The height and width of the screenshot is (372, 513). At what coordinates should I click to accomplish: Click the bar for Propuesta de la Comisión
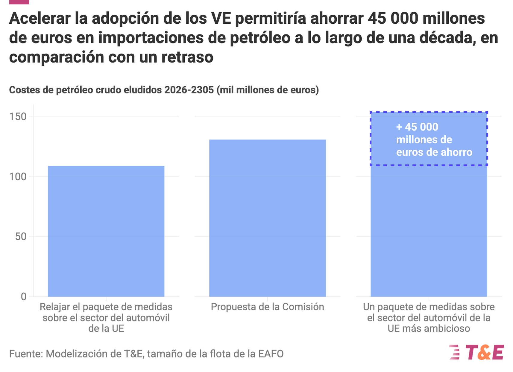pyautogui.click(x=267, y=218)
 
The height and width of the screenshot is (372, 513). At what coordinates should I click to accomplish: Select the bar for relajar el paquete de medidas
pyautogui.click(x=106, y=231)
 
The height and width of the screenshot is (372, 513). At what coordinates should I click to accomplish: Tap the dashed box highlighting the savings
pyautogui.click(x=429, y=112)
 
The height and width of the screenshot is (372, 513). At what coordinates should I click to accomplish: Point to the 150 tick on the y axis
pyautogui.click(x=18, y=117)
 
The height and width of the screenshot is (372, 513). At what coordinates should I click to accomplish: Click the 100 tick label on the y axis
pyautogui.click(x=18, y=177)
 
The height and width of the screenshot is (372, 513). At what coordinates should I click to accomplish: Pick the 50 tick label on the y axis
pyautogui.click(x=21, y=237)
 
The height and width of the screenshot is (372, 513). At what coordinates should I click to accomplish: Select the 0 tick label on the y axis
pyautogui.click(x=24, y=297)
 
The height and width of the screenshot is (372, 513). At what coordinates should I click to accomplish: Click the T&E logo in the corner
pyautogui.click(x=476, y=352)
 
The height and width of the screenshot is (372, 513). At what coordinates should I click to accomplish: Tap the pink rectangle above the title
pyautogui.click(x=19, y=2)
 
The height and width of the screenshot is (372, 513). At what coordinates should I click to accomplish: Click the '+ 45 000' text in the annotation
pyautogui.click(x=417, y=127)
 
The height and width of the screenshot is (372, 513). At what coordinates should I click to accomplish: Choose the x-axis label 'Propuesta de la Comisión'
pyautogui.click(x=268, y=307)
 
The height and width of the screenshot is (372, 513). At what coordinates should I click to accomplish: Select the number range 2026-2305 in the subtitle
pyautogui.click(x=189, y=90)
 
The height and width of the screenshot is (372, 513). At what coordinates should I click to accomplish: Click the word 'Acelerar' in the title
pyautogui.click(x=40, y=18)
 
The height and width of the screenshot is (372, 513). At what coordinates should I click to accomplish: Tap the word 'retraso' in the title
pyautogui.click(x=187, y=57)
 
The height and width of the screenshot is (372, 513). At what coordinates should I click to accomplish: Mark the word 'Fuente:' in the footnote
pyautogui.click(x=26, y=354)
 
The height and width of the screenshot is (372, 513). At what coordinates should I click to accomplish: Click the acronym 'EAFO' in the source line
pyautogui.click(x=271, y=354)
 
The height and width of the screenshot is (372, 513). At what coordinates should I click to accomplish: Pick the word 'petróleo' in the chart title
pyautogui.click(x=260, y=38)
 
